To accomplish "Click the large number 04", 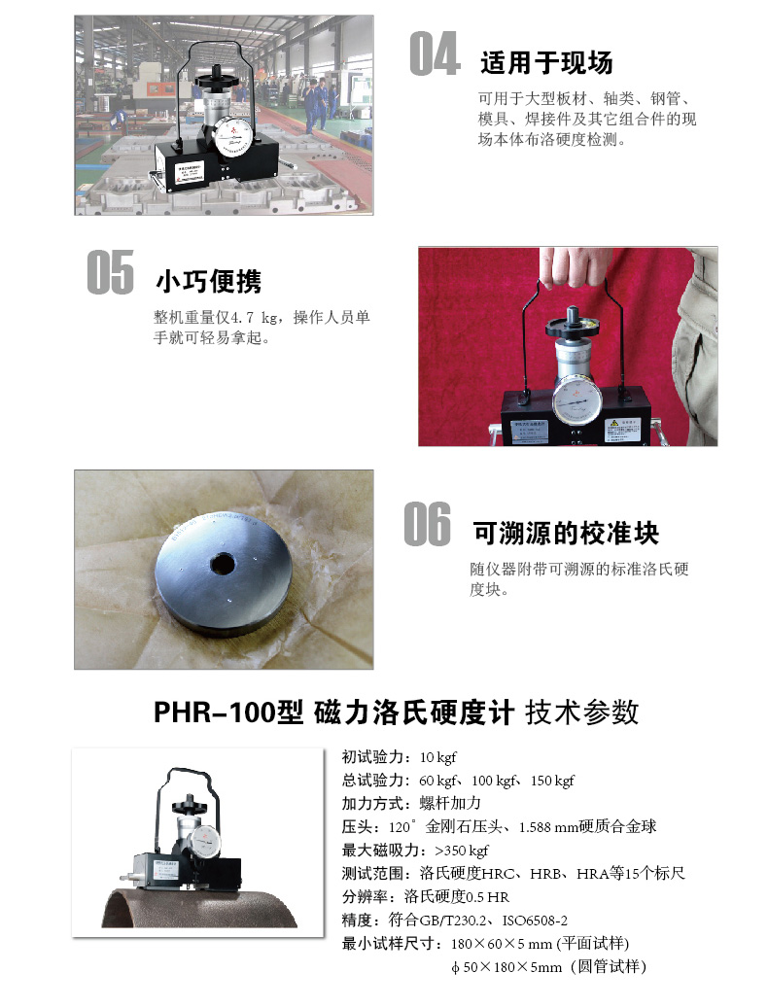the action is (435, 53).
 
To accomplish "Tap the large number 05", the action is (111, 272).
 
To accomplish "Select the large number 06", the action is (428, 524).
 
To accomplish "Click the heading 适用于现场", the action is (546, 63).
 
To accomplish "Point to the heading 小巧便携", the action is (208, 282).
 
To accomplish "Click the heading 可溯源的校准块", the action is (566, 533).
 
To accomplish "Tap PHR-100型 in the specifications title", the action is (228, 713).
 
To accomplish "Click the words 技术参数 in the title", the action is (582, 713).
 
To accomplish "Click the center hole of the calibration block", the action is (223, 564).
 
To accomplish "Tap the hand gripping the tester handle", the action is (576, 264).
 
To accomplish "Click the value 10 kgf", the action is (437, 757).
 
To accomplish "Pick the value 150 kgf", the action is (552, 781).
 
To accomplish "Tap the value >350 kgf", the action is (462, 851).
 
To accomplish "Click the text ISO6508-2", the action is (535, 921).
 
